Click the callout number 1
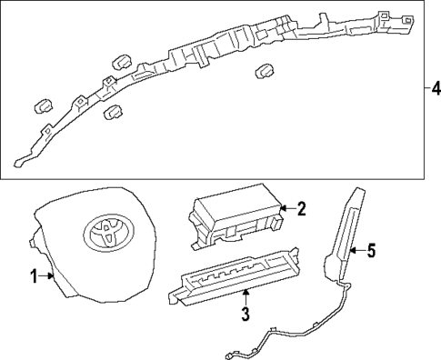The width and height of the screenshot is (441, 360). [x=34, y=276]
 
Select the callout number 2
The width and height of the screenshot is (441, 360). [x=302, y=208]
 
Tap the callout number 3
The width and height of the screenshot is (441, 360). [x=245, y=315]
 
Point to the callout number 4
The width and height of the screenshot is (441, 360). [x=436, y=89]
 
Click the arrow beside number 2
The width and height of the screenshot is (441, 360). [x=286, y=208]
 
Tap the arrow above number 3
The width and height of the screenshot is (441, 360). [x=245, y=296]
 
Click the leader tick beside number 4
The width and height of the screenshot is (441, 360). [x=424, y=89]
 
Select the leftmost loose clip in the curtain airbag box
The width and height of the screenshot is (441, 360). [x=42, y=105]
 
